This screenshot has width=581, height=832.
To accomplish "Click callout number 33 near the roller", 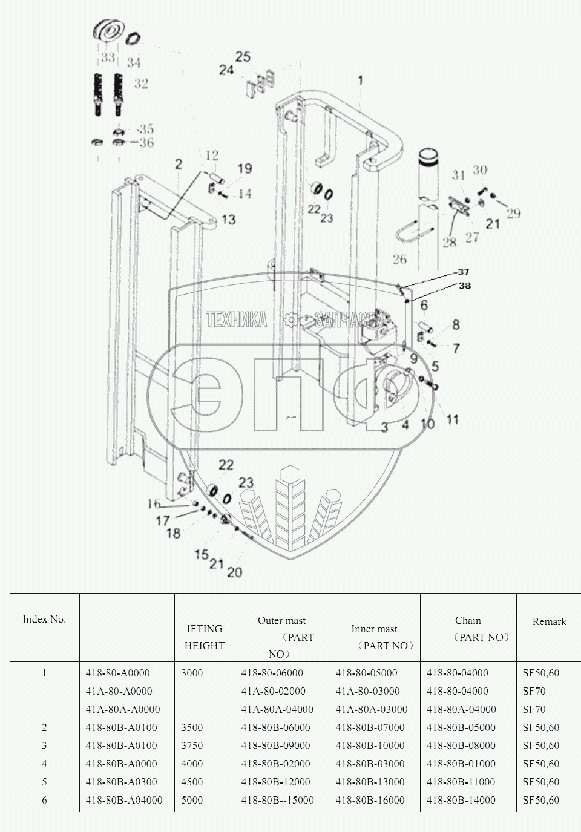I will tap(108, 59).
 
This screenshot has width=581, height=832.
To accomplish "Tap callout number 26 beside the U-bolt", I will tap(399, 260).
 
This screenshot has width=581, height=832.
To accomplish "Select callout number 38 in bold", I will tap(464, 286).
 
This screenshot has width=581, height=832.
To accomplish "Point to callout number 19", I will tap(245, 169).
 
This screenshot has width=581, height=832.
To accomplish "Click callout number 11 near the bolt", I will tap(452, 419).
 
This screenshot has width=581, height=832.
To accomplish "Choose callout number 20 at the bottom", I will tap(234, 572).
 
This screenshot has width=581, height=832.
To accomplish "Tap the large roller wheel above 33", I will tap(109, 31).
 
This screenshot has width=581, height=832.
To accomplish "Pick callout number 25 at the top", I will tap(243, 57).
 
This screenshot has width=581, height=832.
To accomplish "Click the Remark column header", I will tap(549, 621).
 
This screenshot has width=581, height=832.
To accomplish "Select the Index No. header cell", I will tap(44, 619).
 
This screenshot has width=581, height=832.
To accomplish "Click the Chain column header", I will tap(468, 620).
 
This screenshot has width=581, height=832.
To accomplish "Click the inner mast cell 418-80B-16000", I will tap(370, 800).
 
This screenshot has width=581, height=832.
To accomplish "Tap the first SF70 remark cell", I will tap(534, 691).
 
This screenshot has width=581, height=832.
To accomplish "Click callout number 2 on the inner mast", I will tap(179, 164).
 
